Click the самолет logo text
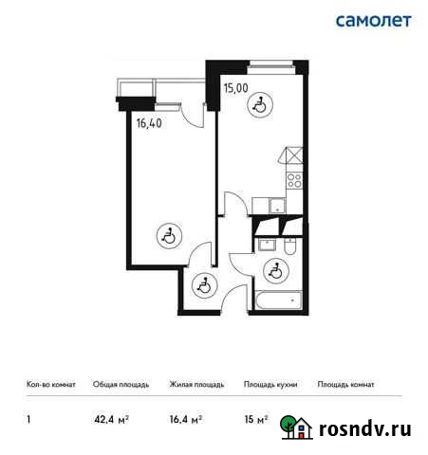pyautogui.click(x=373, y=21)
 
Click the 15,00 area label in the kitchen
pyautogui.click(x=235, y=88)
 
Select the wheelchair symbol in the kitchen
pyautogui.click(x=260, y=106)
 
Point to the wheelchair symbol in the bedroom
pyautogui.click(x=167, y=235)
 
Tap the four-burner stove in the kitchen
pyautogui.click(x=295, y=179)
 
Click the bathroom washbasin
pyautogui.click(x=267, y=246)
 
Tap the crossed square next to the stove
pyautogui.click(x=295, y=157)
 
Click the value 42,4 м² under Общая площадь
pyautogui.click(x=109, y=417)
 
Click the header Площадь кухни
pyautogui.click(x=270, y=385)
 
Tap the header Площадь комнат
pyautogui.click(x=345, y=385)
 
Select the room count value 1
pyautogui.click(x=30, y=417)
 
